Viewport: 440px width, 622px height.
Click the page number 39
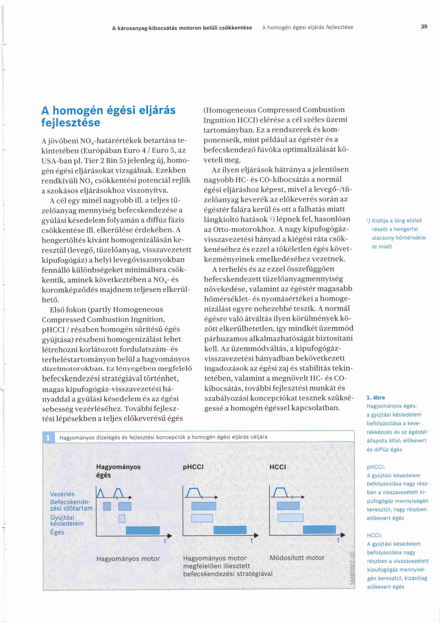tap(424, 27)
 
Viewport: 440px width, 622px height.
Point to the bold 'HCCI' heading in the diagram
tap(278, 467)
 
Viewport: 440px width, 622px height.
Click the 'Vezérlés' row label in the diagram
tap(62, 494)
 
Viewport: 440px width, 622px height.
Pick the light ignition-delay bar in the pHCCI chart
tap(202, 518)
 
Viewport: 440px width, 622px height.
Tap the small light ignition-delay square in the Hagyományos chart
tap(122, 518)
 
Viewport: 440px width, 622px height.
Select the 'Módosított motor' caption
tap(297, 557)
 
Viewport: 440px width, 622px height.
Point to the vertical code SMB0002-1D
tap(352, 568)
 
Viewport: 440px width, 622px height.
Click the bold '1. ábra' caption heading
tap(376, 398)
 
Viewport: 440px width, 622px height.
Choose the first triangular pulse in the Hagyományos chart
tap(101, 493)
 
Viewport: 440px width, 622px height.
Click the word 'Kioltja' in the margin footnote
tap(380, 220)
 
